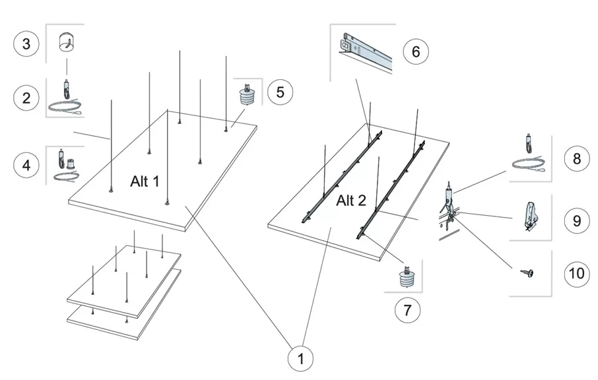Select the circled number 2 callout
[x=26, y=98]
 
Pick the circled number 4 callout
[x=26, y=165]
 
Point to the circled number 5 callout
[x=280, y=92]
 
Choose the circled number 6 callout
[x=416, y=51]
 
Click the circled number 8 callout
[x=577, y=158]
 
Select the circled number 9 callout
[x=577, y=220]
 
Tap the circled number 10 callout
[x=577, y=272]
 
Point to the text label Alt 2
[x=351, y=201]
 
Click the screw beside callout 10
[x=527, y=271]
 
